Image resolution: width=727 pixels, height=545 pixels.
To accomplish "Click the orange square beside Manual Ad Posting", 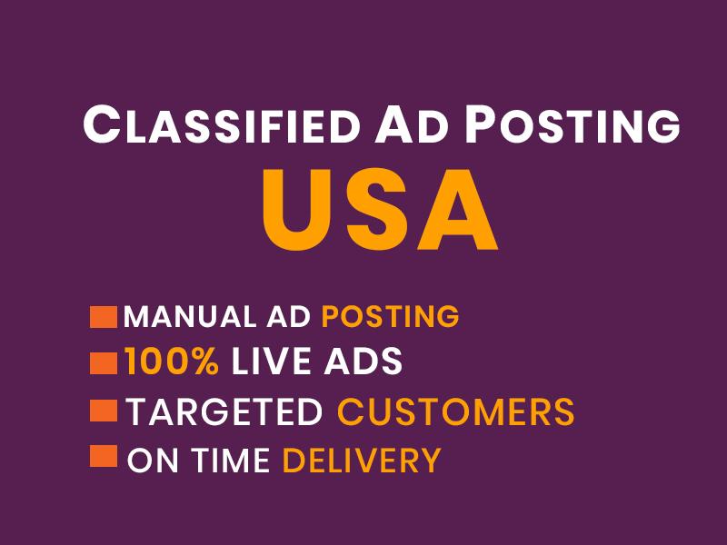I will pos(104,317).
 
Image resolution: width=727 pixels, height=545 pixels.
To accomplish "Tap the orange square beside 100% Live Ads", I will pos(104,363).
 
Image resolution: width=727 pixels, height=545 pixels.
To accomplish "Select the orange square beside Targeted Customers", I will pos(104,411).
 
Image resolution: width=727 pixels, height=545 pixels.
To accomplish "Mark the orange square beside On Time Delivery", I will pos(104,456).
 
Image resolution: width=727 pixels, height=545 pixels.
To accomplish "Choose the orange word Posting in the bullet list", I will pos(391,317).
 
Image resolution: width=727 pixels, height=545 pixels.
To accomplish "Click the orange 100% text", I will pos(172,362).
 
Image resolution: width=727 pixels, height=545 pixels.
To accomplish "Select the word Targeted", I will pos(224,411).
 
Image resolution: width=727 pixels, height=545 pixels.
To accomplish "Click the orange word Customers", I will pos(455,411).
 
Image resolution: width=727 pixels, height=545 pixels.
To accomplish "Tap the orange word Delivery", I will pos(361,461).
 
